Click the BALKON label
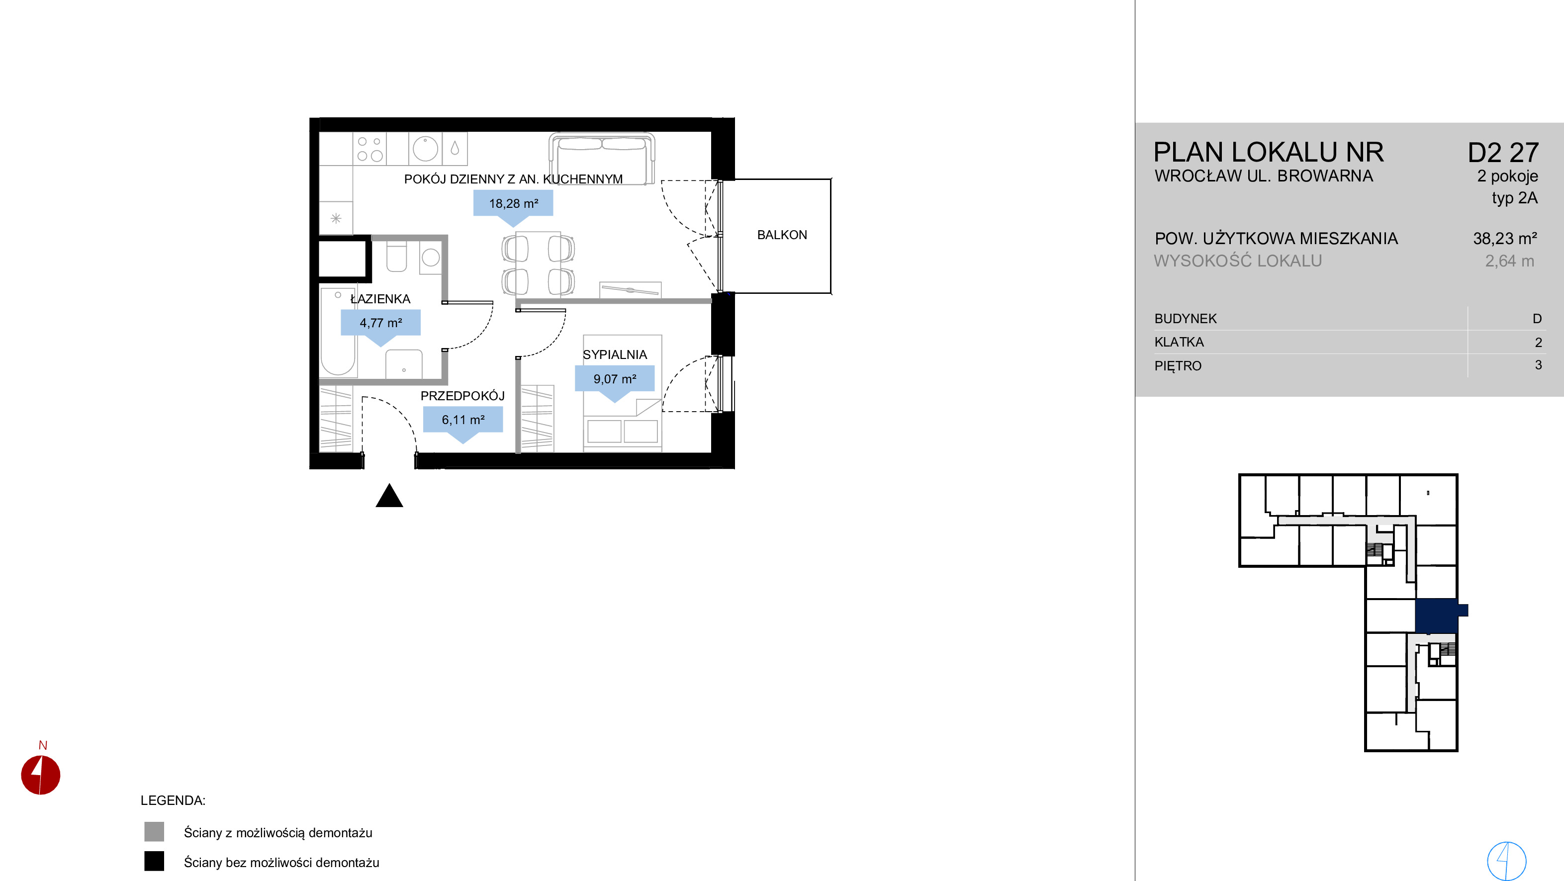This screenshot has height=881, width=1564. coord(782,235)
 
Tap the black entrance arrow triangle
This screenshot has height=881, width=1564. coord(389,496)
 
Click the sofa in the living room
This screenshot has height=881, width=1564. coord(602,157)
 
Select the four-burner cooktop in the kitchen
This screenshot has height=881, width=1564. coord(370,149)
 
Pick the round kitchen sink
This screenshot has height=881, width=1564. coord(425,149)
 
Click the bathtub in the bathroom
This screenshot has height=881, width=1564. coord(338,332)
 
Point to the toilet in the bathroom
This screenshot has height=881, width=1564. coord(396,256)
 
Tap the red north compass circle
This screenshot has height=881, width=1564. coord(41,775)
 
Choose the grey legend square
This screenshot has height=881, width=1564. coord(154,832)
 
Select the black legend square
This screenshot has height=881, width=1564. coord(154,861)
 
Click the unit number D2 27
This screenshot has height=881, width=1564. coord(1503,153)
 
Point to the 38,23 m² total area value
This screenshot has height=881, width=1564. coord(1504,239)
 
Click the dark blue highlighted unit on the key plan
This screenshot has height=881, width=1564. coord(1437,616)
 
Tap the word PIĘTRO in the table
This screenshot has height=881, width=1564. coord(1178,365)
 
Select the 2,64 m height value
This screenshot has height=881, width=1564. coord(1509,261)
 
